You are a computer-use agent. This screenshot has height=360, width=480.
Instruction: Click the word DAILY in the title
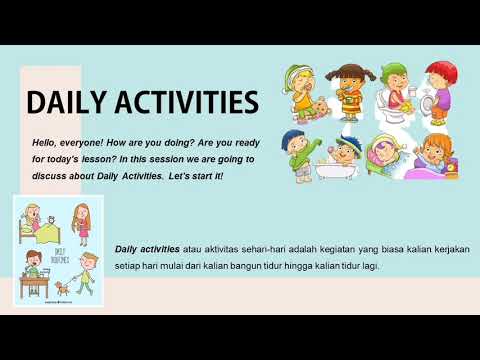point(66,102)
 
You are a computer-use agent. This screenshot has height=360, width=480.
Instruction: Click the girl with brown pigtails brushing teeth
point(347,93)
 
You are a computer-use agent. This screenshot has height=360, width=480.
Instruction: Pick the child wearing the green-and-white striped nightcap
point(301,93)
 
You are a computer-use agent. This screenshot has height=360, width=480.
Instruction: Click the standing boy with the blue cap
point(297,153)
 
